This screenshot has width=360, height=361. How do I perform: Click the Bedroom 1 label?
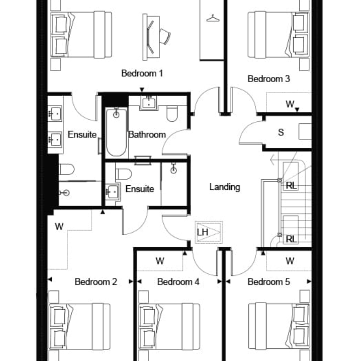(x=142, y=74)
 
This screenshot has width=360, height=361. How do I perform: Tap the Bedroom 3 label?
(x=268, y=79)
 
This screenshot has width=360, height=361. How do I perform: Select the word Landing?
(x=225, y=187)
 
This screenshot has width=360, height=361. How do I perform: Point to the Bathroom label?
(x=147, y=135)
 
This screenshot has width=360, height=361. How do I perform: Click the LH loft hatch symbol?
(x=209, y=232)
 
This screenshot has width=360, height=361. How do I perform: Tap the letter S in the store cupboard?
(x=281, y=132)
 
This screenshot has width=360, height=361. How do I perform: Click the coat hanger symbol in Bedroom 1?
(x=213, y=18)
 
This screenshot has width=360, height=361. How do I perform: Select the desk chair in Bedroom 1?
(x=165, y=36)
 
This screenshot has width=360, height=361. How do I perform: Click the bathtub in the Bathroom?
(x=116, y=132)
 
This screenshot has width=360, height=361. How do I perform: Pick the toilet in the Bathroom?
(x=172, y=114)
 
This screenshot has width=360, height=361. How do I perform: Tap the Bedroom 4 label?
(x=178, y=282)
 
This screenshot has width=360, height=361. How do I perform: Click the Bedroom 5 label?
(x=268, y=282)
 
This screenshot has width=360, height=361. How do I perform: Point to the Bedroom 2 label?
(x=96, y=282)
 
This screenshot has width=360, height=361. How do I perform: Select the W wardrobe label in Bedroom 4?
(x=160, y=261)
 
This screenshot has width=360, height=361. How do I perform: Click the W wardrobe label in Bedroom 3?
(x=290, y=104)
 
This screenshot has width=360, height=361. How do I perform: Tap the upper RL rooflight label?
(x=291, y=186)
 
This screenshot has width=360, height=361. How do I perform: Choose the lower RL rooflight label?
(x=291, y=239)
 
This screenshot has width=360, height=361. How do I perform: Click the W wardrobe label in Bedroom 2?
(x=59, y=227)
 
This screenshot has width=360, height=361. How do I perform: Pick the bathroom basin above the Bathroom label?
(x=149, y=103)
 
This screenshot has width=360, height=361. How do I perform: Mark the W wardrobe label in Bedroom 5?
(x=290, y=261)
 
